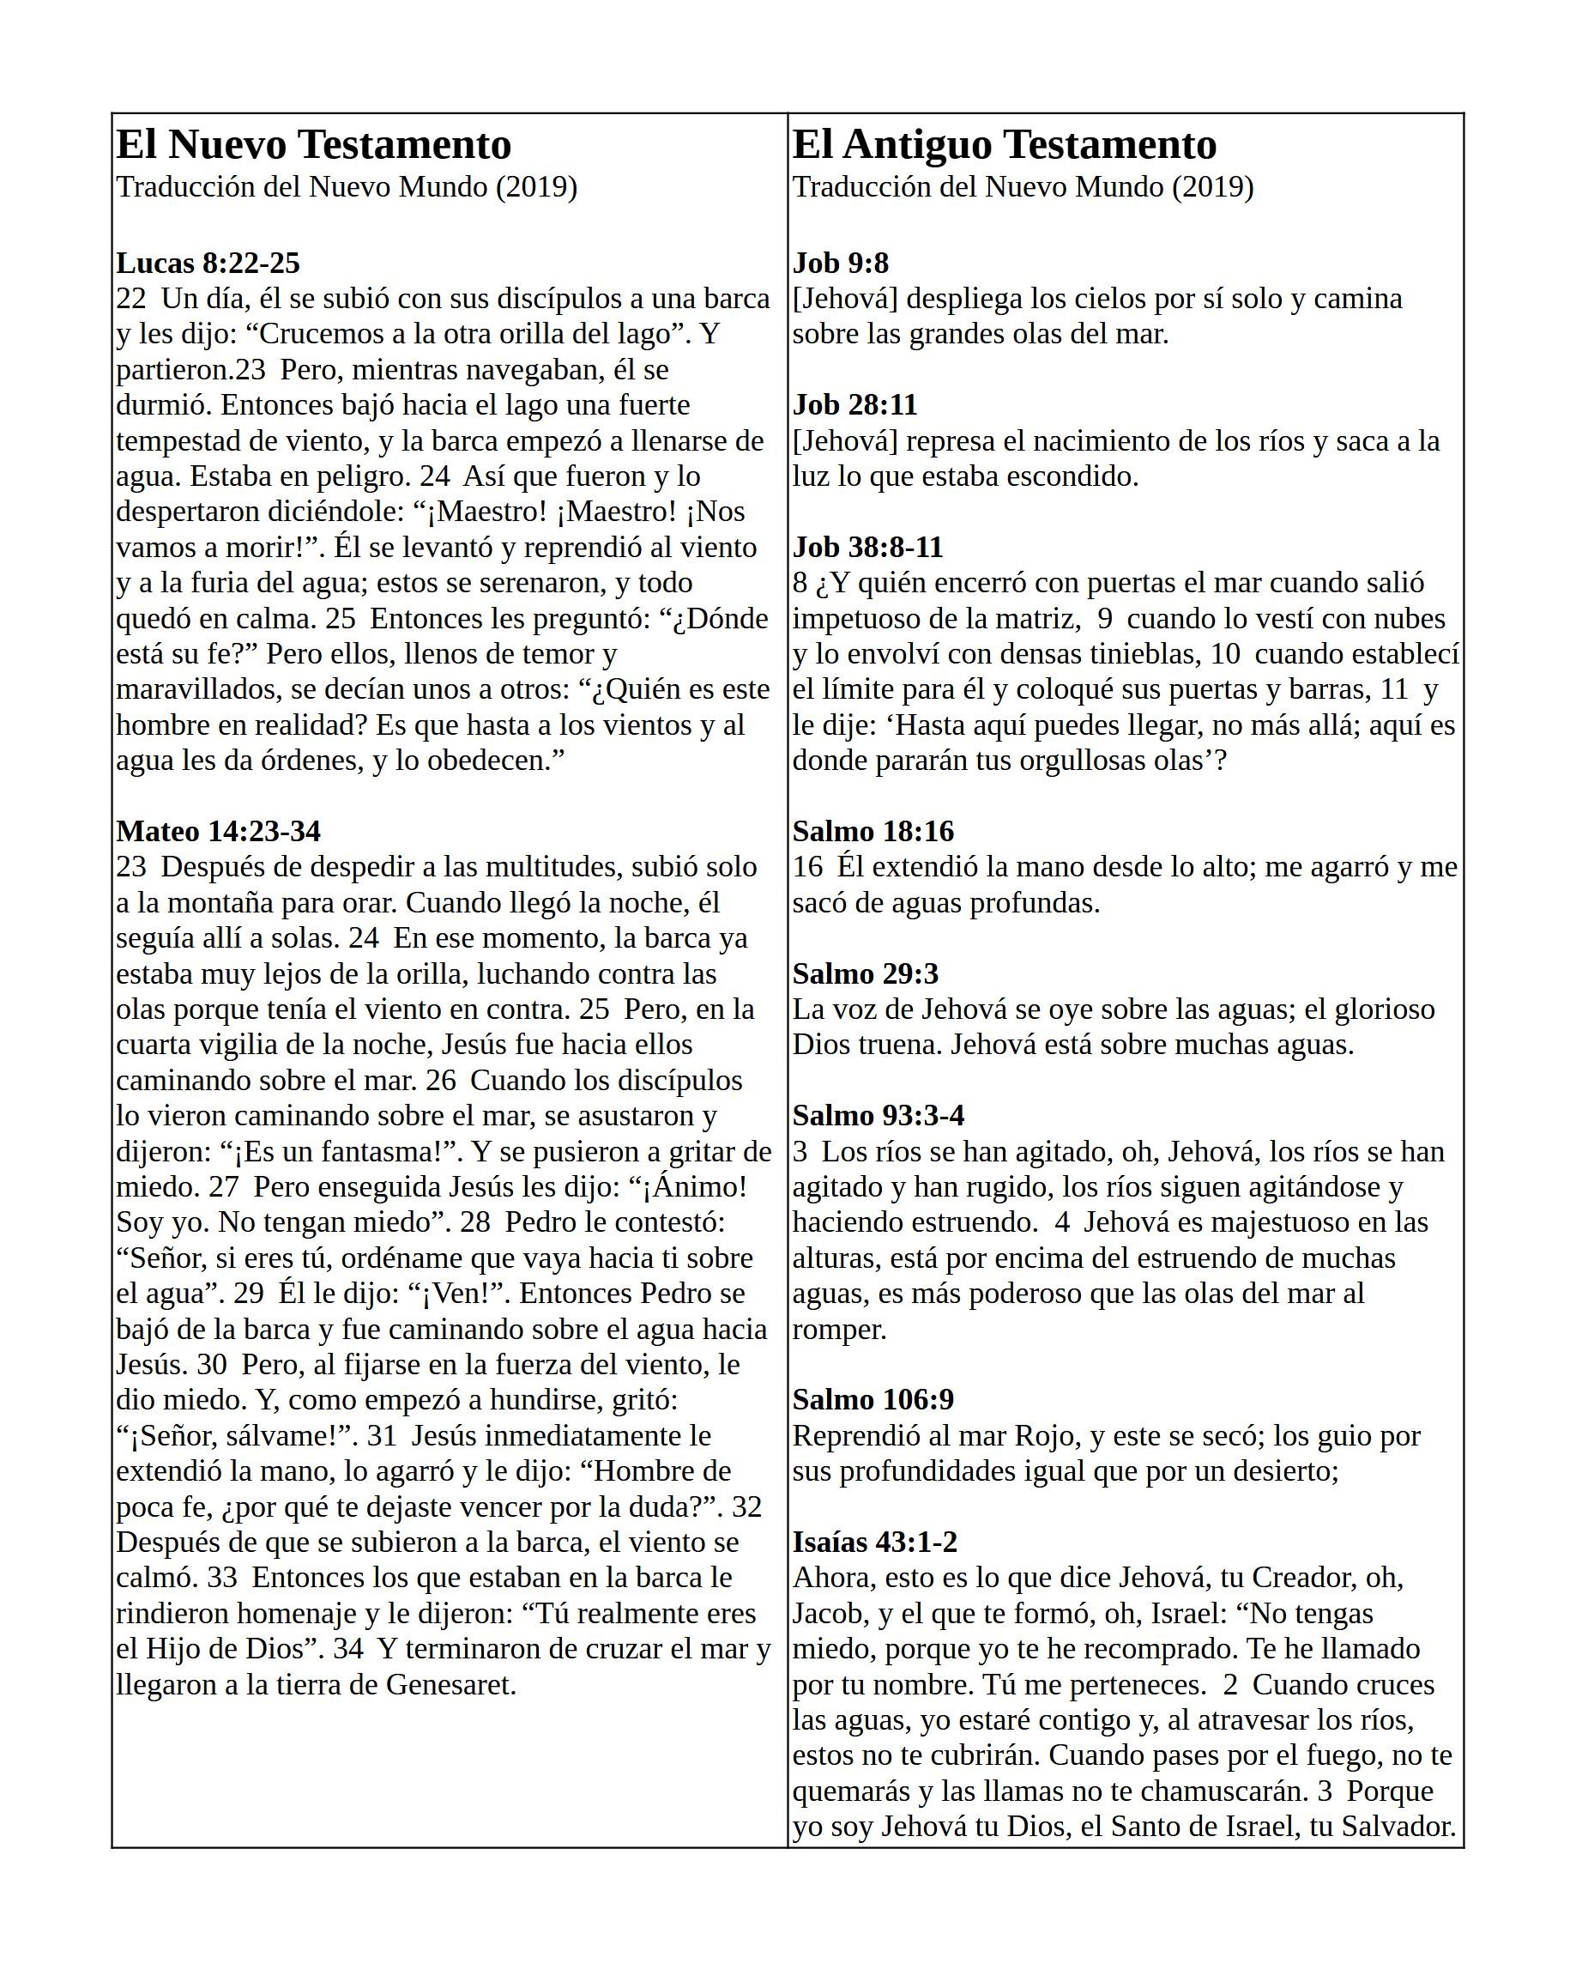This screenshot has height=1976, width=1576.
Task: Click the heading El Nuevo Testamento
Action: tap(313, 144)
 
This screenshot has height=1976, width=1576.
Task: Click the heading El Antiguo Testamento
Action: tap(1005, 144)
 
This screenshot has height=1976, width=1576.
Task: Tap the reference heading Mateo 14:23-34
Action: tap(218, 831)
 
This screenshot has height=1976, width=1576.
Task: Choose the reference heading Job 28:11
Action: tap(854, 404)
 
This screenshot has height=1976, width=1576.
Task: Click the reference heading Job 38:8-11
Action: tap(867, 547)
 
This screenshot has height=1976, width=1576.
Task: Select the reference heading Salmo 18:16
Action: tap(873, 831)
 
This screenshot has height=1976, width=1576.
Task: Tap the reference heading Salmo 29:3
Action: tap(865, 973)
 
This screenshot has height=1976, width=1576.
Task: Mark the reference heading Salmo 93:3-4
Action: tap(878, 1115)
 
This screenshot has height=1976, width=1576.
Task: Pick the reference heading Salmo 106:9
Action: tap(873, 1399)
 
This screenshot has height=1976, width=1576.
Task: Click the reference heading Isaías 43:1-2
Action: tap(875, 1542)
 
